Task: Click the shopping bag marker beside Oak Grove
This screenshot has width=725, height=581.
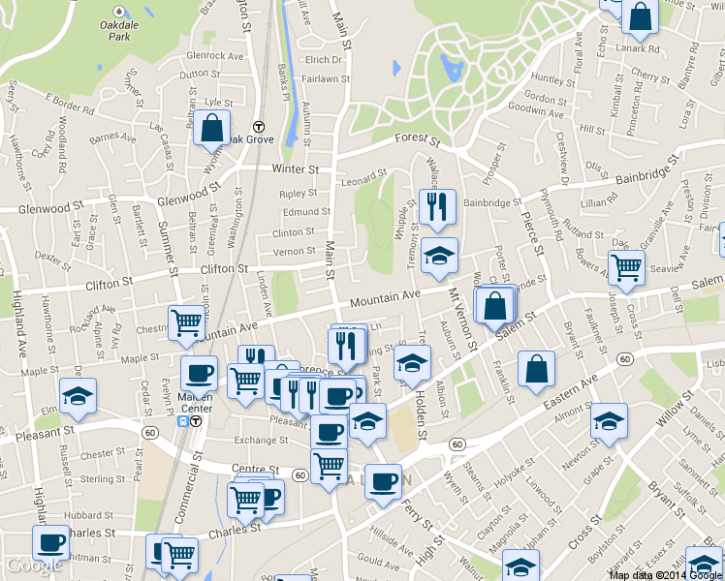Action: click(x=211, y=128)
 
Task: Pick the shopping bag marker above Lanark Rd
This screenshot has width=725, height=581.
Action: click(x=640, y=16)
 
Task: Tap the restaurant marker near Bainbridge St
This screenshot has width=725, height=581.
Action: click(x=438, y=206)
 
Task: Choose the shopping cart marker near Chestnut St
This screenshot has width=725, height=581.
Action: click(x=186, y=321)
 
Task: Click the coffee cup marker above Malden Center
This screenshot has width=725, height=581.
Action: click(x=199, y=372)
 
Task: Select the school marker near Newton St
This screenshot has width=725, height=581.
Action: click(x=609, y=419)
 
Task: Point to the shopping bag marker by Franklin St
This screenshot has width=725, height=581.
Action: click(x=536, y=368)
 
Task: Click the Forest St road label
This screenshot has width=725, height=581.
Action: click(x=417, y=138)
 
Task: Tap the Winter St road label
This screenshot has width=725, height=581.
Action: click(x=296, y=168)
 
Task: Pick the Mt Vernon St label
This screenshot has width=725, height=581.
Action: click(x=462, y=317)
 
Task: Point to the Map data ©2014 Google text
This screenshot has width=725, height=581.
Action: click(x=665, y=575)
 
